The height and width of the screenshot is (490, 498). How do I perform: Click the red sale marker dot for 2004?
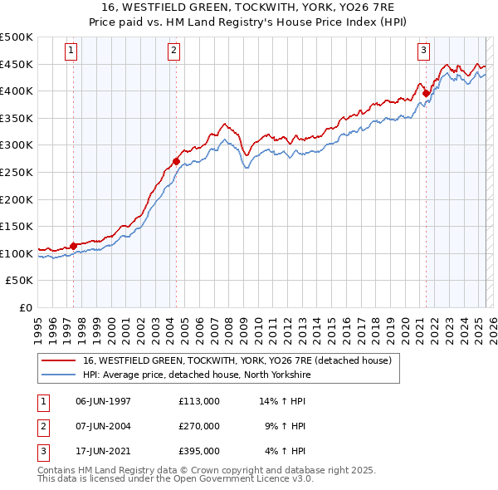pyautogui.click(x=176, y=161)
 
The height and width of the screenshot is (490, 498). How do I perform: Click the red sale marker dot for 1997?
pyautogui.click(x=73, y=246)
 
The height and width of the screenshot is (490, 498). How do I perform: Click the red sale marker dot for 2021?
pyautogui.click(x=426, y=94)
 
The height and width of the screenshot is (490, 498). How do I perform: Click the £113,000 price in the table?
pyautogui.click(x=198, y=401)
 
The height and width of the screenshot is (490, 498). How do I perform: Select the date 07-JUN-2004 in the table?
pyautogui.click(x=103, y=426)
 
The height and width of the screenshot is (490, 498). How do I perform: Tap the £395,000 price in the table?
pyautogui.click(x=198, y=451)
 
